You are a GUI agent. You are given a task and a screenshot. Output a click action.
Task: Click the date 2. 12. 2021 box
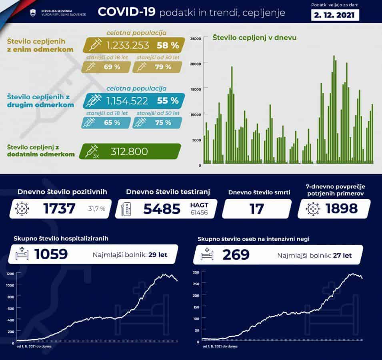(x=335, y=15)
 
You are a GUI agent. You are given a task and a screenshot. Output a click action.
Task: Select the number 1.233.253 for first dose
(x=128, y=45)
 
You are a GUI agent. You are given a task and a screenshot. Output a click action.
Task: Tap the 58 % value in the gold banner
(x=168, y=45)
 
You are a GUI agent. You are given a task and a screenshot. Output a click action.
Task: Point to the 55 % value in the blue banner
(x=168, y=100)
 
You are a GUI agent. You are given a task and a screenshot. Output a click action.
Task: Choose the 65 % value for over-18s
(x=112, y=122)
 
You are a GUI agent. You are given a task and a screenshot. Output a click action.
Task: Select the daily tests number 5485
(x=162, y=209)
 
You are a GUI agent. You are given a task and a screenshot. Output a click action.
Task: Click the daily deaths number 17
(x=256, y=209)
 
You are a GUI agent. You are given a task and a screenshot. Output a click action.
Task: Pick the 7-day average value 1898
(x=341, y=209)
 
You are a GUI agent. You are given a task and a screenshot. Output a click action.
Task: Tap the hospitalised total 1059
(x=50, y=254)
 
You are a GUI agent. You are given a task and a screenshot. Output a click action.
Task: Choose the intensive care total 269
(x=236, y=254)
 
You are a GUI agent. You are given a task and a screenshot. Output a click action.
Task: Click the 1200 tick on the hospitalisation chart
(x=10, y=274)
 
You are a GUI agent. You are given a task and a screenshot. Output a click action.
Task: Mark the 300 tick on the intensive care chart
(x=196, y=272)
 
